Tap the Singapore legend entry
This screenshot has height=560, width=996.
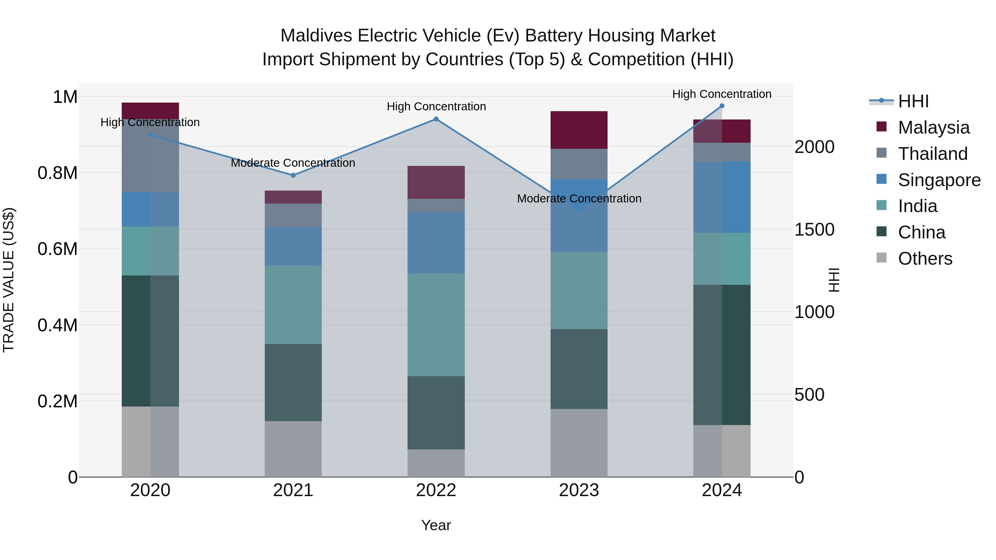939,180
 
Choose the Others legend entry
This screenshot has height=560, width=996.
925,259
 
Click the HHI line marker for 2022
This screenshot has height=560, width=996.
436,119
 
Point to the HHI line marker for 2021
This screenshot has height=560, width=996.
293,175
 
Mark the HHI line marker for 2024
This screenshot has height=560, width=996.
722,106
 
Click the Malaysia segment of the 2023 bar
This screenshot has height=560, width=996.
579,130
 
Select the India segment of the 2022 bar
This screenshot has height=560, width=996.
436,325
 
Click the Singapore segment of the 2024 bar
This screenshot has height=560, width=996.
722,197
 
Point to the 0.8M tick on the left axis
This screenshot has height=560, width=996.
58,173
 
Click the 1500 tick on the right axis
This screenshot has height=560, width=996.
814,230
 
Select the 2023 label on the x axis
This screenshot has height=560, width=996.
579,490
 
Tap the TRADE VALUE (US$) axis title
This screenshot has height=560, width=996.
9,280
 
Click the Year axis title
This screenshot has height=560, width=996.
436,525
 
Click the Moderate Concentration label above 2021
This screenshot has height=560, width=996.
293,163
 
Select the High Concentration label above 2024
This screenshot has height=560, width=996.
722,94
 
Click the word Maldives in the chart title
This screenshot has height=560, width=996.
316,36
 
